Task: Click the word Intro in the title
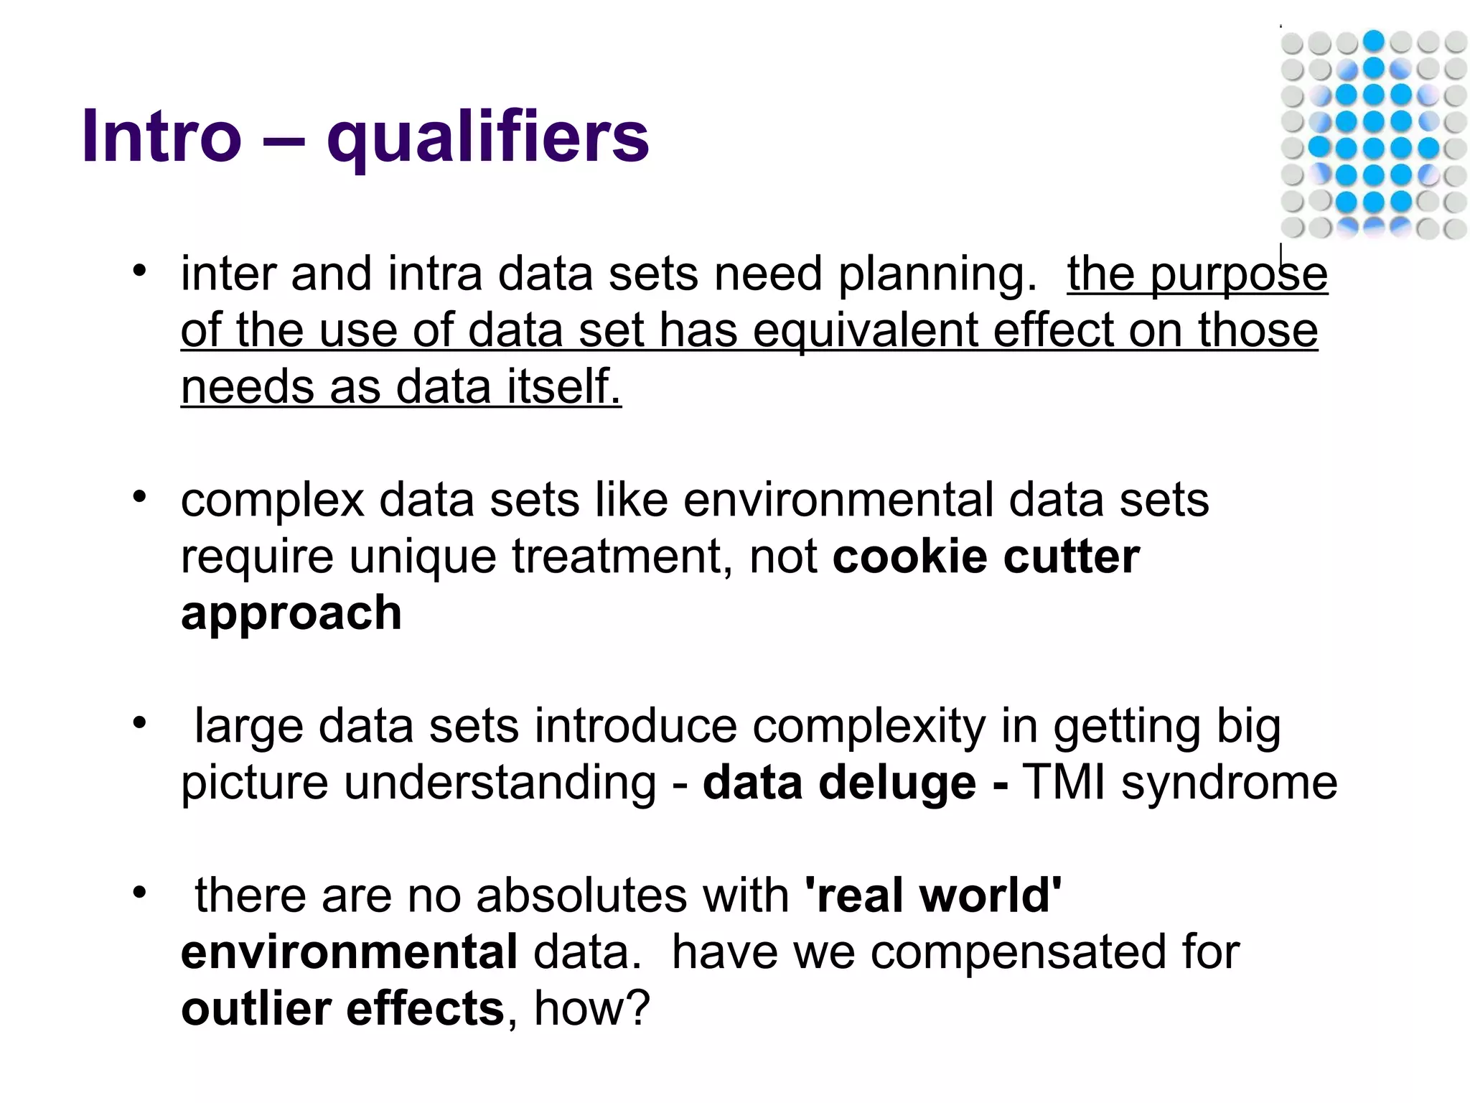pyautogui.click(x=161, y=136)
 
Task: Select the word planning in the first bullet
pyautogui.click(x=937, y=275)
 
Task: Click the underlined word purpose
pyautogui.click(x=1239, y=275)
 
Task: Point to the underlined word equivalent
pyautogui.click(x=866, y=331)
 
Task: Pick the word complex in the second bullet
pyautogui.click(x=272, y=501)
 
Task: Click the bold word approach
pyautogui.click(x=291, y=615)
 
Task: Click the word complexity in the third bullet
pyautogui.click(x=869, y=727)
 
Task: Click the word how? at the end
pyautogui.click(x=591, y=1009)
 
